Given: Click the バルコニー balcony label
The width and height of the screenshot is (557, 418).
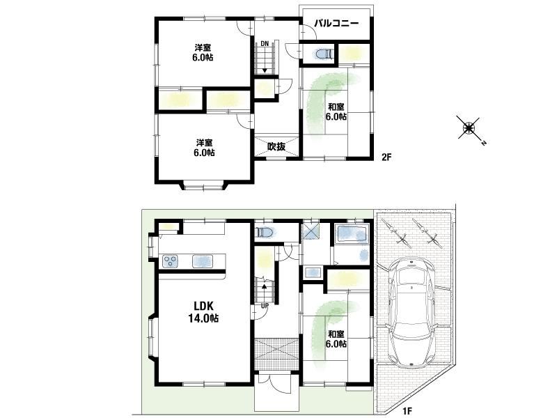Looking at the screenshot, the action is [x=336, y=24].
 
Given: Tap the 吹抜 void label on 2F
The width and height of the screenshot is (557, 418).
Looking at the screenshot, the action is [x=276, y=146].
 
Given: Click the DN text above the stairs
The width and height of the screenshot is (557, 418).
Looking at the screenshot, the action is [x=265, y=44].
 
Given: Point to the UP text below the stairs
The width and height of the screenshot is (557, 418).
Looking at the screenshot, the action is [x=265, y=305].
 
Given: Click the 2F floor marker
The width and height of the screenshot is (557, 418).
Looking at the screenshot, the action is [x=386, y=157].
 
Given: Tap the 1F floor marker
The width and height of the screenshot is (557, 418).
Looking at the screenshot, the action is [x=407, y=411].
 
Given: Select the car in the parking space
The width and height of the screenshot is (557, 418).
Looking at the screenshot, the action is [x=411, y=312].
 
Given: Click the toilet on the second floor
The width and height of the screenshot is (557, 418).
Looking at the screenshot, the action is [x=324, y=54].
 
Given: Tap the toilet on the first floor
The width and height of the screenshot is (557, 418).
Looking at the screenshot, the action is [x=265, y=233].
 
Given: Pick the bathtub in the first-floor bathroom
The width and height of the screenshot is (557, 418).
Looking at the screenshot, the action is [x=352, y=233].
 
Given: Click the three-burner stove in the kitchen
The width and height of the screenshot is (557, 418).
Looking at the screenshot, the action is [x=170, y=261].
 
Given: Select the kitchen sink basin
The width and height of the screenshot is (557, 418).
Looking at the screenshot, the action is [x=203, y=261].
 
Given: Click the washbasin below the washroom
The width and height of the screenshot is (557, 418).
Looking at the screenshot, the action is [x=313, y=272].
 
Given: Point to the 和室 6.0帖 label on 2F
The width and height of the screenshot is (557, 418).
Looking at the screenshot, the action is [x=336, y=111].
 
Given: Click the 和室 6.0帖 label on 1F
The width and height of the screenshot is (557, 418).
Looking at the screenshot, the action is [x=336, y=339].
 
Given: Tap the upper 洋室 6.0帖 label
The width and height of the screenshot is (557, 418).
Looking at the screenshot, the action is [x=203, y=52].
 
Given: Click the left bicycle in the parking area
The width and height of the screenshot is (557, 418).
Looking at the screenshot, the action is [x=395, y=233].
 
